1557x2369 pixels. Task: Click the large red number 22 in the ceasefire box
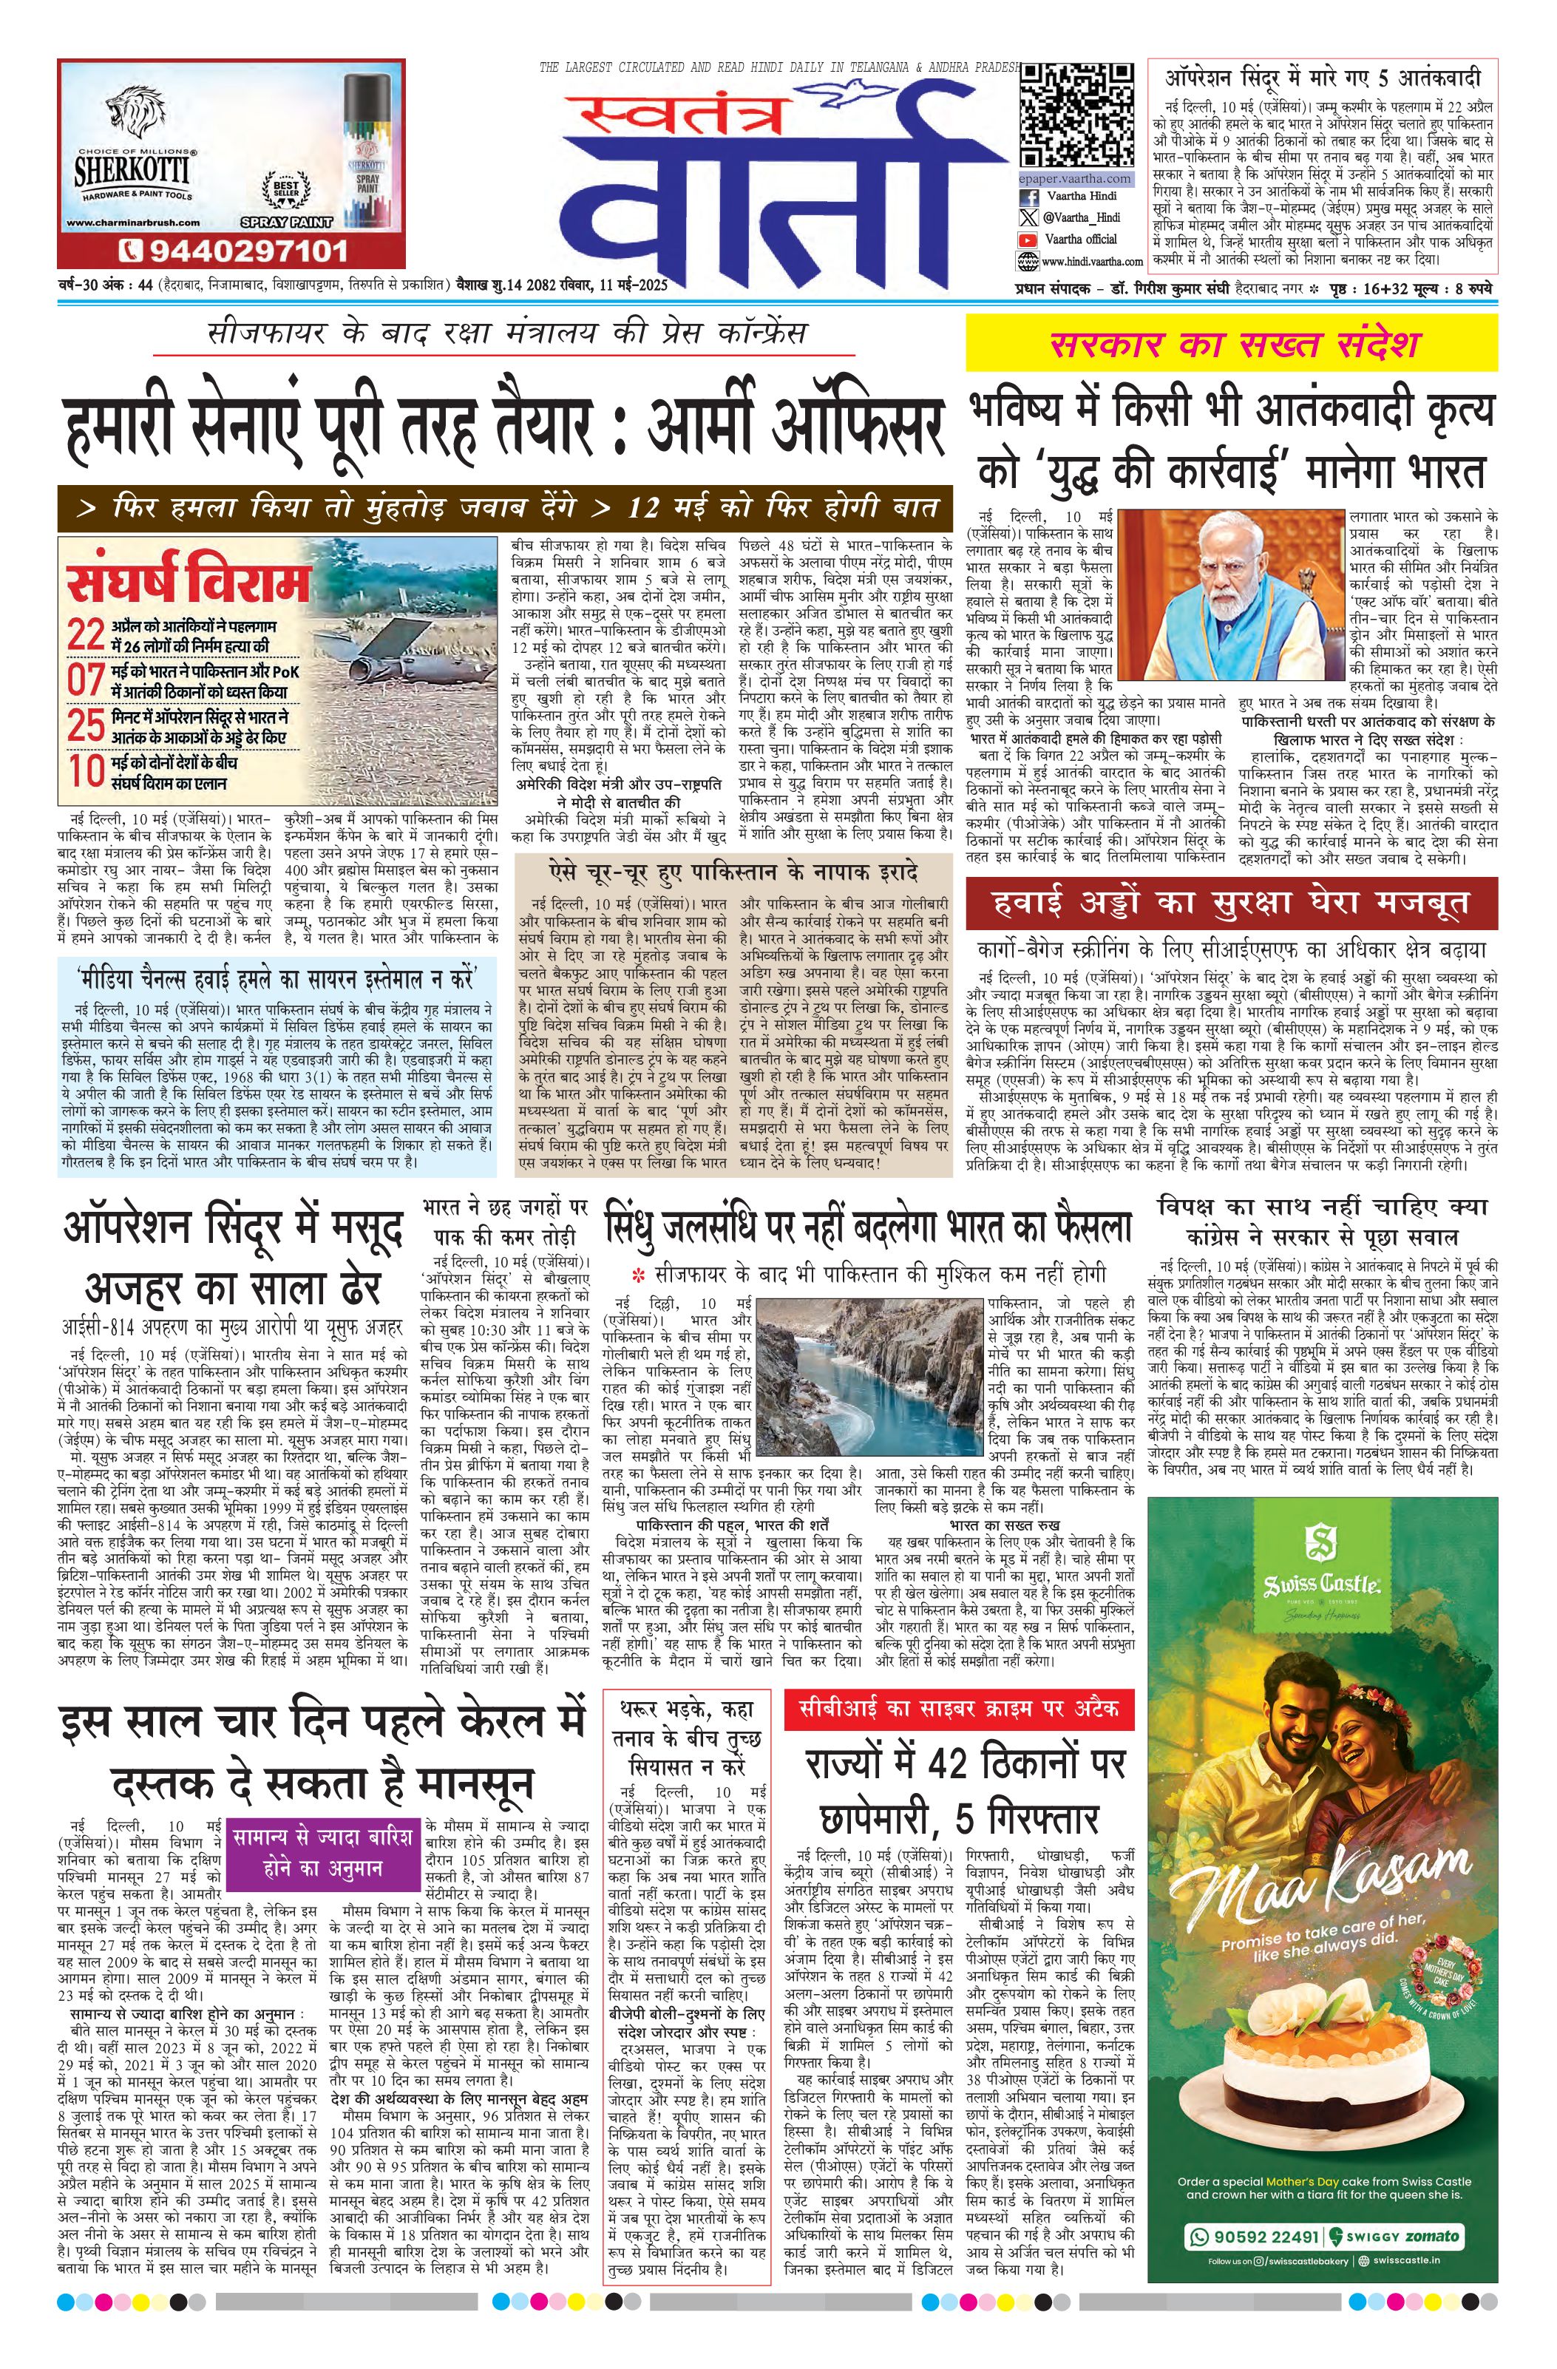[x=86, y=635]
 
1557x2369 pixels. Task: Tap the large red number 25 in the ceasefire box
[x=86, y=725]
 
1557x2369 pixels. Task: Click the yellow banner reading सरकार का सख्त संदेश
[x=1232, y=345]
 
